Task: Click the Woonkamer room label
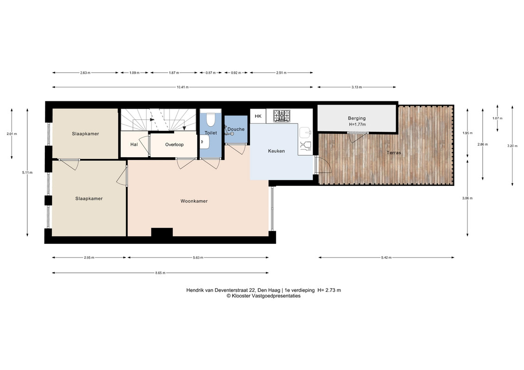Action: click(194, 201)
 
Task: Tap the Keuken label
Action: click(277, 151)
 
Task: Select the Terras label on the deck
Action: click(394, 153)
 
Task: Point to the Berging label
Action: click(357, 118)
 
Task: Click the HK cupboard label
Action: click(258, 116)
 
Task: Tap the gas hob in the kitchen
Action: click(282, 116)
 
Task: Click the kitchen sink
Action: click(305, 132)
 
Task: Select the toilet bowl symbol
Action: click(210, 120)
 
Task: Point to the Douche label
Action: click(236, 129)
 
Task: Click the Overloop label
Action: click(175, 145)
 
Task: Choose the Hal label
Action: click(134, 144)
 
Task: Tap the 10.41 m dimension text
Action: click(183, 87)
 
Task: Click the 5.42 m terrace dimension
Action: click(386, 258)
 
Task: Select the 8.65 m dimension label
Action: click(160, 273)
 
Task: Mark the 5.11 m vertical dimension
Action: click(27, 173)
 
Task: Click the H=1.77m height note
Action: click(357, 124)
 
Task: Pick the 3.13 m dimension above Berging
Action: click(357, 87)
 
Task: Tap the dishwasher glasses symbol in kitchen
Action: click(305, 146)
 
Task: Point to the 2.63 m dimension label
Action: click(85, 73)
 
